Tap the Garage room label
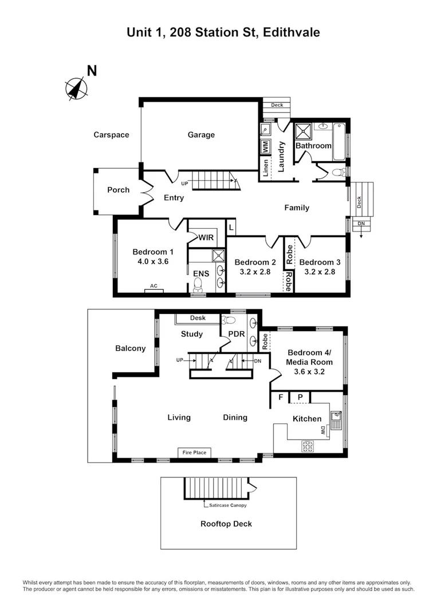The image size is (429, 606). [201, 135]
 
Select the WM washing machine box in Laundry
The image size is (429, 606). [266, 146]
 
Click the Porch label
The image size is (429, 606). [119, 190]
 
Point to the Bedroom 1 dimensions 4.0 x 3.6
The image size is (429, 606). [152, 261]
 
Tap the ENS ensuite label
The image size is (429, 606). [200, 274]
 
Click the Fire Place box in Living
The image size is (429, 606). [194, 452]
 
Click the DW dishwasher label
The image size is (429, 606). [323, 433]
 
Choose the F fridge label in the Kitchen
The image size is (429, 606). [281, 397]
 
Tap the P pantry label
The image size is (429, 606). [300, 397]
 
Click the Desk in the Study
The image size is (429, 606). [198, 318]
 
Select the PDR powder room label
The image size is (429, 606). [237, 333]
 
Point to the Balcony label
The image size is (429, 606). [131, 348]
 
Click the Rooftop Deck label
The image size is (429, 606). [226, 524]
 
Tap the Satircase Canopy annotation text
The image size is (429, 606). [226, 505]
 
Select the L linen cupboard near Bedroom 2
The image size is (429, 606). [231, 228]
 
